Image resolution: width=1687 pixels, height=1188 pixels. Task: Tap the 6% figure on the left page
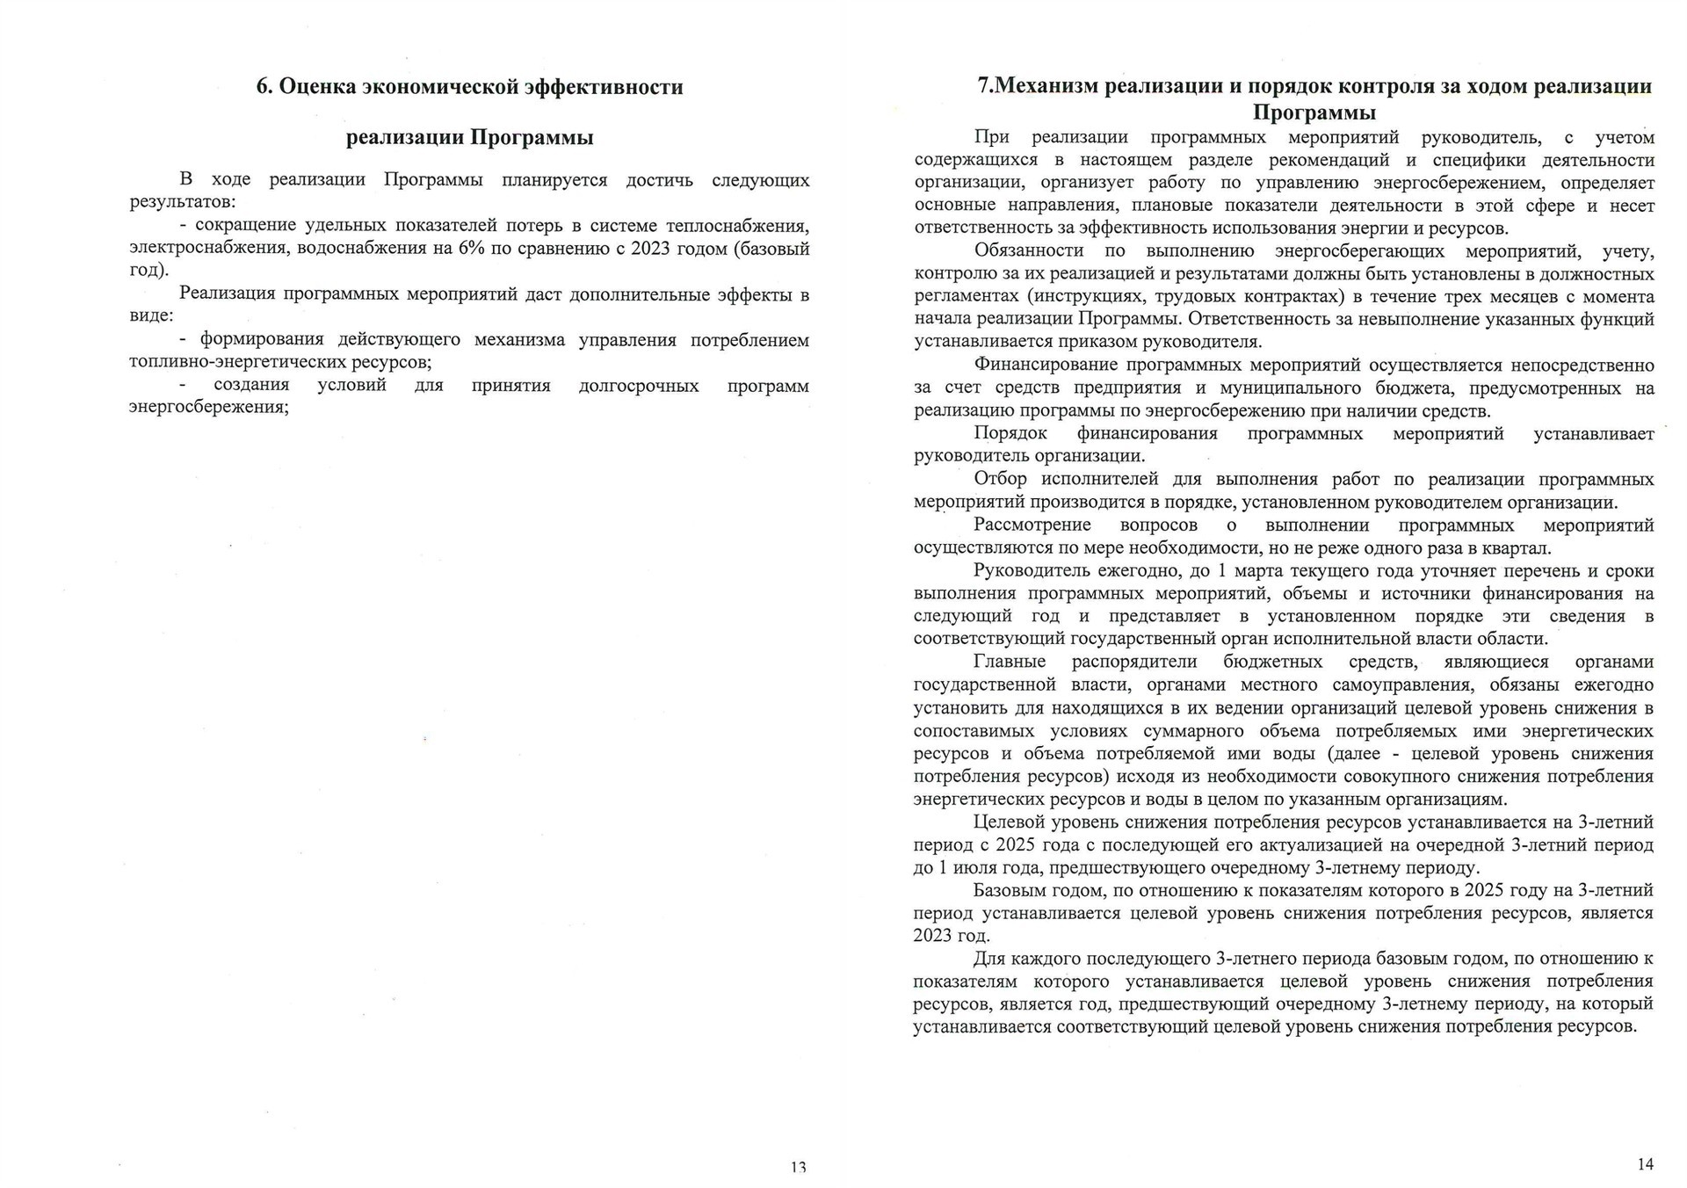[468, 249]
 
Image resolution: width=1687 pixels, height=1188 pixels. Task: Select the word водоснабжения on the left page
[359, 249]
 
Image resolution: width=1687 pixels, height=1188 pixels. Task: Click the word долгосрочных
[639, 386]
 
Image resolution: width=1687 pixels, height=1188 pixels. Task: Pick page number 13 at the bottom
[798, 1167]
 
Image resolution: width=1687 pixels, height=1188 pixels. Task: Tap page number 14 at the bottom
[1646, 1164]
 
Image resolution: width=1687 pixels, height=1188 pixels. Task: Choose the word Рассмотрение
[1032, 525]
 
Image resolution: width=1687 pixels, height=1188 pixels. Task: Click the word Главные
[1010, 662]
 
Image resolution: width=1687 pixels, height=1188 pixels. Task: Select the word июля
[973, 868]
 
